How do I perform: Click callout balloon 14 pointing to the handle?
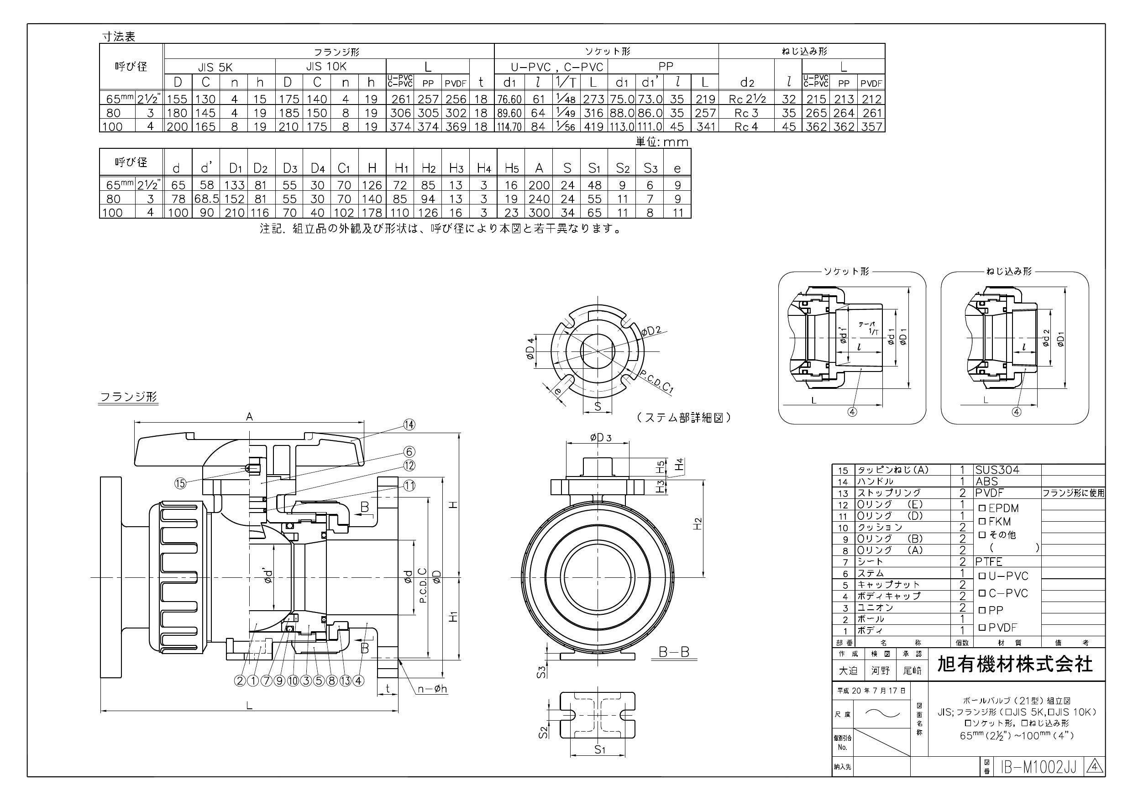[x=409, y=424]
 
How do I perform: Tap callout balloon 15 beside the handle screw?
[x=181, y=483]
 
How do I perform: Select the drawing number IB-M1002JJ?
[x=1037, y=767]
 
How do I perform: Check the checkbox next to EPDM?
[x=982, y=508]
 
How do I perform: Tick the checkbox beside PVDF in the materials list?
[x=982, y=628]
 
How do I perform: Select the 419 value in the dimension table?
[x=593, y=127]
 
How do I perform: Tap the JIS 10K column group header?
[x=326, y=66]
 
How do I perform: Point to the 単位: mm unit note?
[x=661, y=142]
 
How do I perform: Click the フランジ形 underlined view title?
[x=129, y=397]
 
